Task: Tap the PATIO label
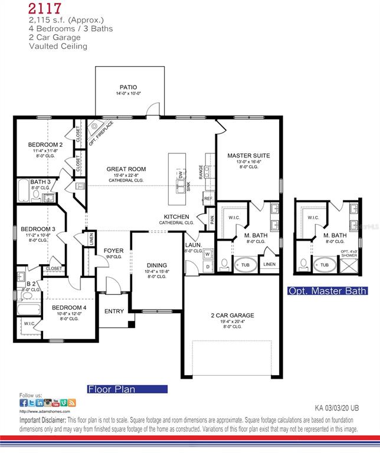coord(128,87)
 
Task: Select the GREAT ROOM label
coord(126,169)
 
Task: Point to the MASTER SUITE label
coord(248,156)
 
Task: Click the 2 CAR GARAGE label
coord(232,316)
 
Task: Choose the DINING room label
coord(156,265)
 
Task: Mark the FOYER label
coord(113,251)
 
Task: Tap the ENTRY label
coord(114,311)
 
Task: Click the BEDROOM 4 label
coord(69,308)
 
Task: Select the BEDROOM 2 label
coord(45,145)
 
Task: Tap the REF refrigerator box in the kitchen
coord(208,199)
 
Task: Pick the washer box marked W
coord(207,254)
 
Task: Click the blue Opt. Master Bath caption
coord(327,291)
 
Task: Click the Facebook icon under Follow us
coord(24,403)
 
